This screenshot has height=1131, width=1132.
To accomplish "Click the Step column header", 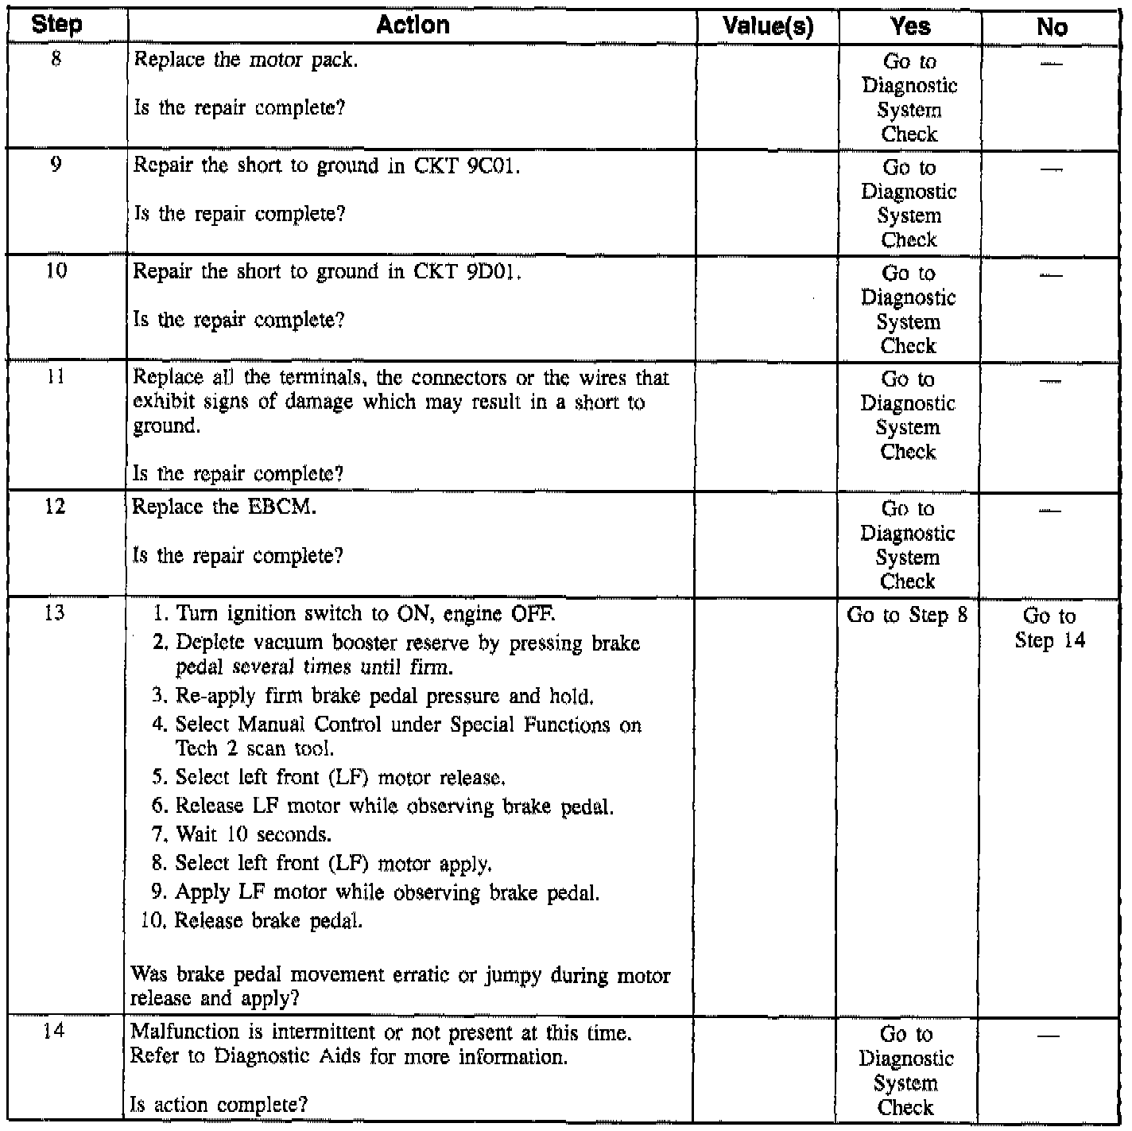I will pyautogui.click(x=56, y=25).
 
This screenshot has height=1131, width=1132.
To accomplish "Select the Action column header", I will pyautogui.click(x=413, y=25).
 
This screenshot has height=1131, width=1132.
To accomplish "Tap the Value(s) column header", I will pyautogui.click(x=768, y=27).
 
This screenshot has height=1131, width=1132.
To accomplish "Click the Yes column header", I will pyautogui.click(x=910, y=27).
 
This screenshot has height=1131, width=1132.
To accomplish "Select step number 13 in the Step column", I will pyautogui.click(x=55, y=613).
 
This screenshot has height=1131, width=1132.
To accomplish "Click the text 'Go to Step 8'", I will pyautogui.click(x=908, y=616).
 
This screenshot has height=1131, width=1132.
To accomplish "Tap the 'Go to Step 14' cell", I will pyautogui.click(x=1050, y=628).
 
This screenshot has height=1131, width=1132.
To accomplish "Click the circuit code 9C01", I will pyautogui.click(x=490, y=166).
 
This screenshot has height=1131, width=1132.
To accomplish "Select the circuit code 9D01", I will pyautogui.click(x=490, y=272).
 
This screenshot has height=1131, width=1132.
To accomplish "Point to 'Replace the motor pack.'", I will pyautogui.click(x=246, y=60).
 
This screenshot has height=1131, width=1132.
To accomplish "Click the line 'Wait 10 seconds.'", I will pyautogui.click(x=253, y=835).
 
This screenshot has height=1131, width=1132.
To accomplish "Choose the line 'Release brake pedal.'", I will pyautogui.click(x=268, y=921).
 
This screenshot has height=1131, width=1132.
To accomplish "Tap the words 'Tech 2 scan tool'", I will pyautogui.click(x=254, y=749).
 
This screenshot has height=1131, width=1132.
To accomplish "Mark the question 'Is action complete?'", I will pyautogui.click(x=219, y=1105).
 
